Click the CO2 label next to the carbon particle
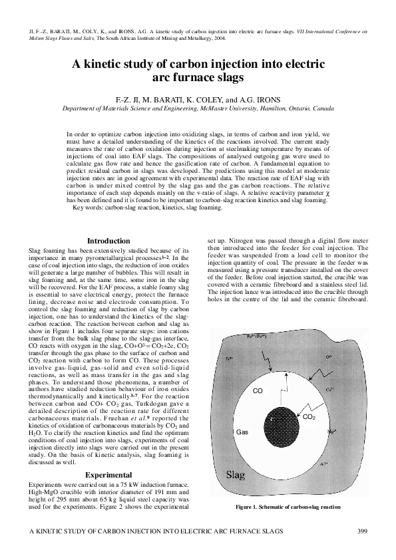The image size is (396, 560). point(309,417)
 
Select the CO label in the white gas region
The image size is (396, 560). point(258,391)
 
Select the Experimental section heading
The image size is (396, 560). point(112,476)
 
